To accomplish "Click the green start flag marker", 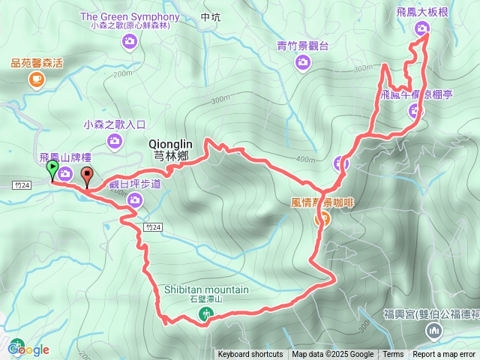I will tap(52, 171).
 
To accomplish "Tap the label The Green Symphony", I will tap(130, 16).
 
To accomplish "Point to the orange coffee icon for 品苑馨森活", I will tap(37, 79).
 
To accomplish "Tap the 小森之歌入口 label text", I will tap(118, 125).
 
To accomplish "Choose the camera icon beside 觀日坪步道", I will tap(135, 199).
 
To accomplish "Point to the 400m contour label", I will tap(305, 159).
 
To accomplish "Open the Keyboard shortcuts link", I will tap(250, 355).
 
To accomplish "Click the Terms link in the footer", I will tap(393, 355).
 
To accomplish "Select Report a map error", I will tap(444, 355).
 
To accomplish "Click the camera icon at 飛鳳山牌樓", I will tap(65, 174).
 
